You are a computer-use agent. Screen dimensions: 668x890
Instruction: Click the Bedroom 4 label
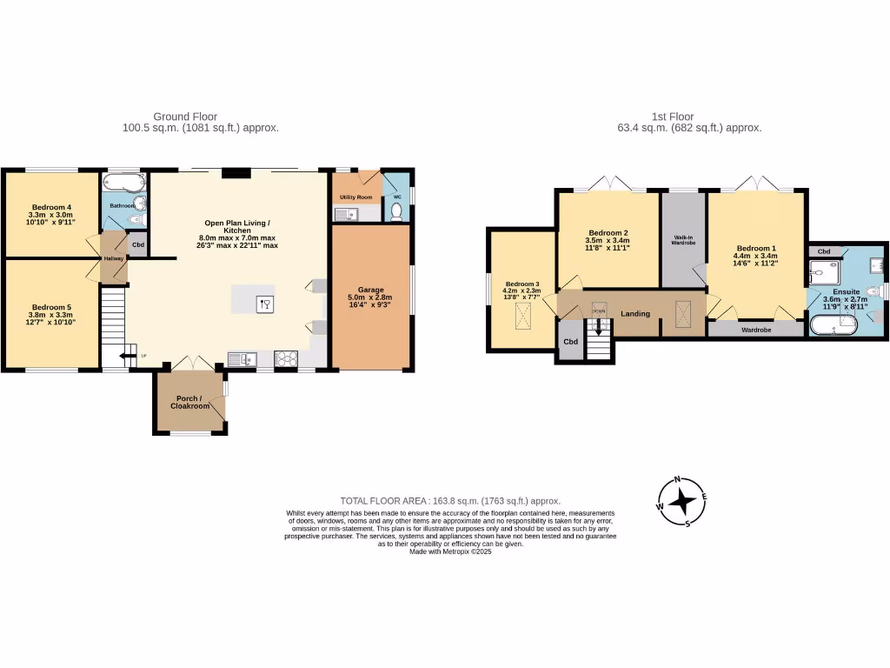coord(50,207)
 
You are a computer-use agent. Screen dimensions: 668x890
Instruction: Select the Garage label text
coord(371,290)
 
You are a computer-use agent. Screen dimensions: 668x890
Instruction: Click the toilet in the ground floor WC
coord(397,210)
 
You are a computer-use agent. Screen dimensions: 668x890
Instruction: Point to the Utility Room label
coord(355,197)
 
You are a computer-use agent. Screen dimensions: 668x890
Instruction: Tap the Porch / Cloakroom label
coord(189,402)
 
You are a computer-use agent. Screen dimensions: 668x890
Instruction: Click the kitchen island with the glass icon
coord(253,301)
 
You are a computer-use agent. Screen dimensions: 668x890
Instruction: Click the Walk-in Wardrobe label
coord(683,239)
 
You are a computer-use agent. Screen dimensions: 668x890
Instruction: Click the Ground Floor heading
coord(185,117)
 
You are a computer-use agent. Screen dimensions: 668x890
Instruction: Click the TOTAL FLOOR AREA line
coord(449,501)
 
